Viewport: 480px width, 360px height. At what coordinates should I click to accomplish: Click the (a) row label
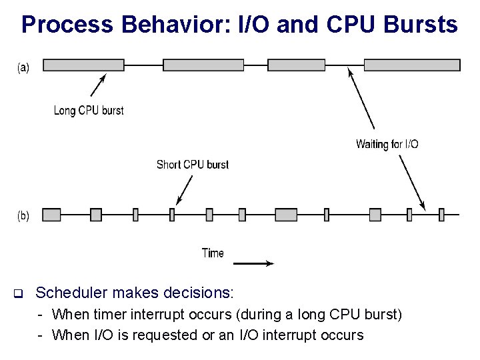click(23, 67)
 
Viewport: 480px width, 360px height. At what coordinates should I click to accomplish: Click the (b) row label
click(23, 215)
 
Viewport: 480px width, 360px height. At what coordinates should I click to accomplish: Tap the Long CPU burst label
click(89, 110)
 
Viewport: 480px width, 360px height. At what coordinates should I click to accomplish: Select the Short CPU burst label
click(193, 164)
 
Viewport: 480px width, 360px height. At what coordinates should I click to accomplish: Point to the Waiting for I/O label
click(387, 144)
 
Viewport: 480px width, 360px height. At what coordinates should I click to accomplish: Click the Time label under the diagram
click(213, 253)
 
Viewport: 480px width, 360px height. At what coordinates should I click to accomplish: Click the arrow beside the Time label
click(254, 263)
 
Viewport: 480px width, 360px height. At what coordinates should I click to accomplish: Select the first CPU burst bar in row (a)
click(84, 65)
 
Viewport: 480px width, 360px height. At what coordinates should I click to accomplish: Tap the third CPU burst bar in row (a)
click(296, 65)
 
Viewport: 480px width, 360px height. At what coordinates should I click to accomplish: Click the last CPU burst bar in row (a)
click(412, 65)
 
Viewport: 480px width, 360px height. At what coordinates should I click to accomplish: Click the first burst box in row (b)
click(52, 214)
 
